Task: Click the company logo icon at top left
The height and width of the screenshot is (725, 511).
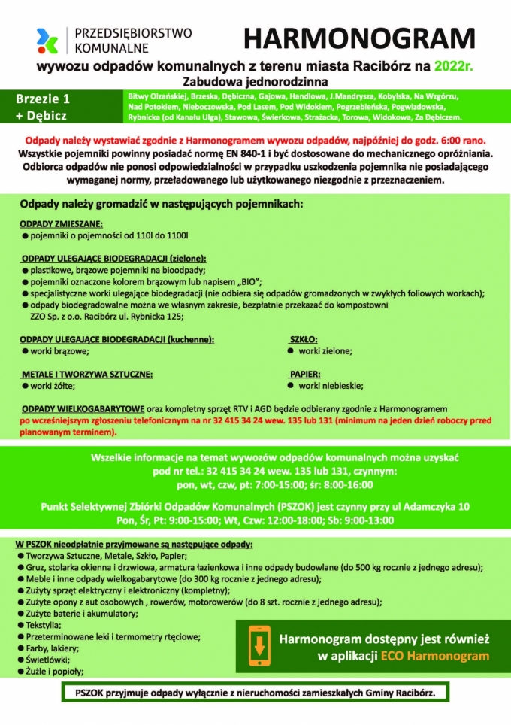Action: point(47,40)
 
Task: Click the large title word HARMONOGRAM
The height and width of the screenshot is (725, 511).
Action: point(359,39)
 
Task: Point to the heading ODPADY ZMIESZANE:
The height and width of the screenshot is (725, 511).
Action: point(61,224)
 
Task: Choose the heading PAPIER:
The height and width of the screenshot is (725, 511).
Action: point(305,374)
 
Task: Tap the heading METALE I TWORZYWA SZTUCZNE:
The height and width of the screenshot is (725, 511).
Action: point(86,374)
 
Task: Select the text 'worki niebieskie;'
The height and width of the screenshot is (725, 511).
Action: point(332,386)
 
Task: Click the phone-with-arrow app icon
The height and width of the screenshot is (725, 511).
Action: point(259,646)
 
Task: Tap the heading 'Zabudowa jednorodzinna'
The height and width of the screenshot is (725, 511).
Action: point(255,80)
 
